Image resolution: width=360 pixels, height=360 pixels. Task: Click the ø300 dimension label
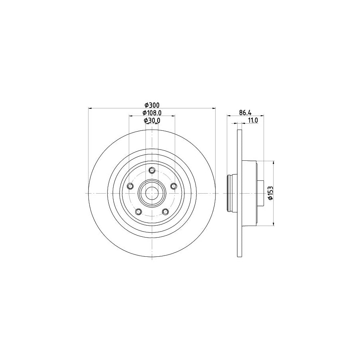152,105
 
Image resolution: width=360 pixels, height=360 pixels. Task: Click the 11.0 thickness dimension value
252,120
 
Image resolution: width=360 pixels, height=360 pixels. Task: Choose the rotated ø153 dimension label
270,193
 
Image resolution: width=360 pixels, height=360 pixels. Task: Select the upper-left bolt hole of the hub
130,186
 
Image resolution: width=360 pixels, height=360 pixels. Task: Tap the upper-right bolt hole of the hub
173,186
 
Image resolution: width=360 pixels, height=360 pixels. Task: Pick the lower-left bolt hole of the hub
138,212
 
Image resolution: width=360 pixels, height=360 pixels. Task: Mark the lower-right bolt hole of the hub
165,212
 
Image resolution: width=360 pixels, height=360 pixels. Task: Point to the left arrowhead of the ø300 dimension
90,108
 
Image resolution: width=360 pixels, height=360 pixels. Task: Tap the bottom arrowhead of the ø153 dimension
274,224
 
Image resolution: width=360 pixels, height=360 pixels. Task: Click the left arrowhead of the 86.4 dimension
229,116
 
